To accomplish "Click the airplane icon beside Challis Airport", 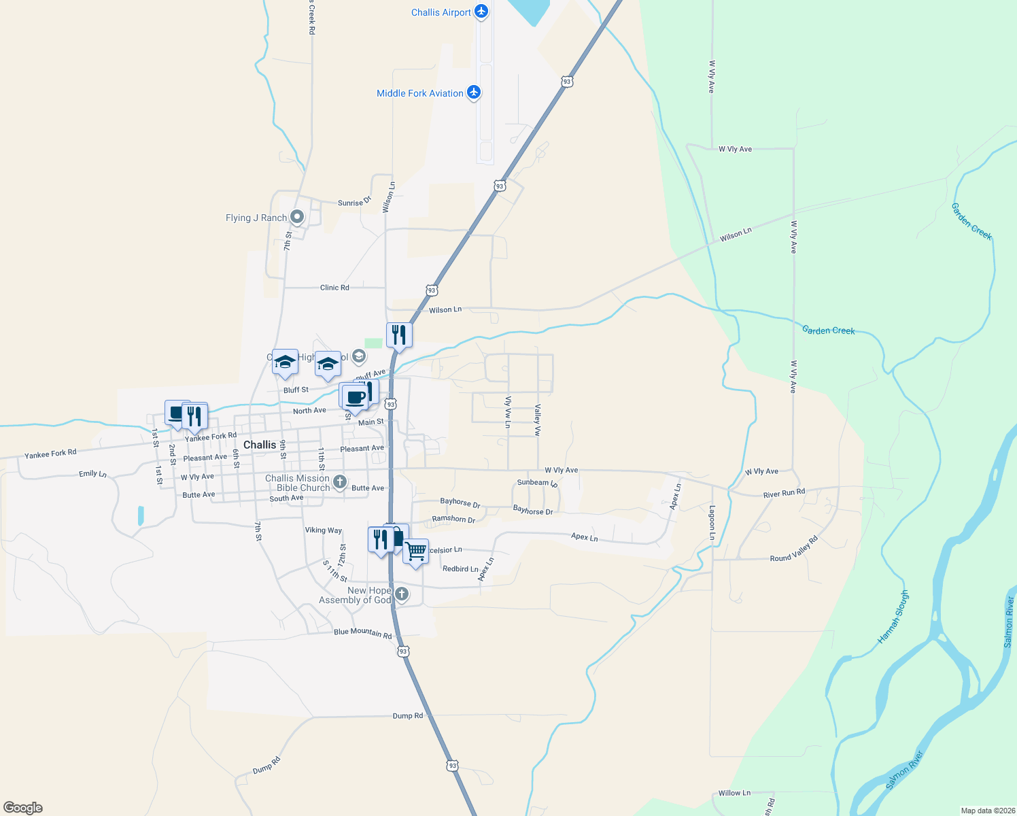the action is (481, 12).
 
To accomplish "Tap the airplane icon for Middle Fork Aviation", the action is (474, 92).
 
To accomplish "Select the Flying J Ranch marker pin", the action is (296, 217).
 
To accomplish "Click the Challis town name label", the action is (260, 445).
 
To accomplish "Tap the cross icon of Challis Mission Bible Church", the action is (341, 483).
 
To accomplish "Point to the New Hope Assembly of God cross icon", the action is (402, 594).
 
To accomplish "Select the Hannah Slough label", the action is (893, 617).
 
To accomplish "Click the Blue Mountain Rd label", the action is (362, 633).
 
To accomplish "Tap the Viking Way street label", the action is (324, 530).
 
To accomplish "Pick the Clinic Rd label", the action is (334, 288).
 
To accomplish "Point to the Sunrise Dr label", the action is (355, 202).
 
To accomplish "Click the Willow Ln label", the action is (734, 793).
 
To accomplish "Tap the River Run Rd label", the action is (784, 493).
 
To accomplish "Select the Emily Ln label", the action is (92, 474).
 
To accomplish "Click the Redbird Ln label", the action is (460, 568).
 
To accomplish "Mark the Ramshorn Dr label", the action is (453, 519).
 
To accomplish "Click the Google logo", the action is (23, 807).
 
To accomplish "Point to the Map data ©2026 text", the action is (986, 811).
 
